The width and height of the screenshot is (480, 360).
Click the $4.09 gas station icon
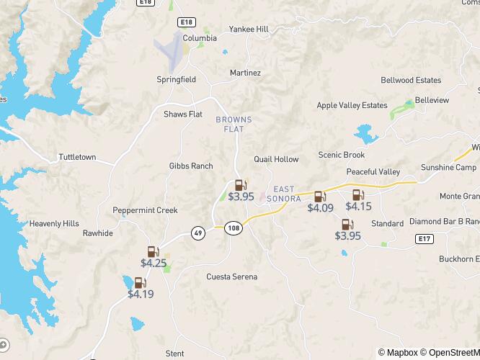click(x=319, y=196)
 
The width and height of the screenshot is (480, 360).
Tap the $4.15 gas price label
click(x=358, y=207)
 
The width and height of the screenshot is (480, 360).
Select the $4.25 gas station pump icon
click(x=153, y=251)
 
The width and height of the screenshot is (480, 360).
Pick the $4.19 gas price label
click(x=141, y=294)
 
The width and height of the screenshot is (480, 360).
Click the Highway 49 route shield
click(x=197, y=233)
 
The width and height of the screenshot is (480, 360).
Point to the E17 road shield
click(x=425, y=238)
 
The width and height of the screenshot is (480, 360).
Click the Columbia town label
click(x=179, y=38)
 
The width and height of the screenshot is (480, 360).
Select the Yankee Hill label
click(x=249, y=30)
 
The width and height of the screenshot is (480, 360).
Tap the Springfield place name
click(x=177, y=79)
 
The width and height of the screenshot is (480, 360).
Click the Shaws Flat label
click(x=183, y=114)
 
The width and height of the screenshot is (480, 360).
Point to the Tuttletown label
click(x=77, y=157)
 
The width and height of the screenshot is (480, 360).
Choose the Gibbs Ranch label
click(x=191, y=166)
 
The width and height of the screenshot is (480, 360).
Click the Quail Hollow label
click(x=276, y=159)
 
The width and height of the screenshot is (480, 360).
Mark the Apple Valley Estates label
click(x=352, y=105)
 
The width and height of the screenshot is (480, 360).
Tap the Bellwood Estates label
click(x=411, y=80)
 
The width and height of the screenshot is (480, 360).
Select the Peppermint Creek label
click(x=145, y=210)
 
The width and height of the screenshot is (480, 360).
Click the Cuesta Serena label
click(x=231, y=276)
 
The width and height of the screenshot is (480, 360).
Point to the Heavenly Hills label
click(x=54, y=224)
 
